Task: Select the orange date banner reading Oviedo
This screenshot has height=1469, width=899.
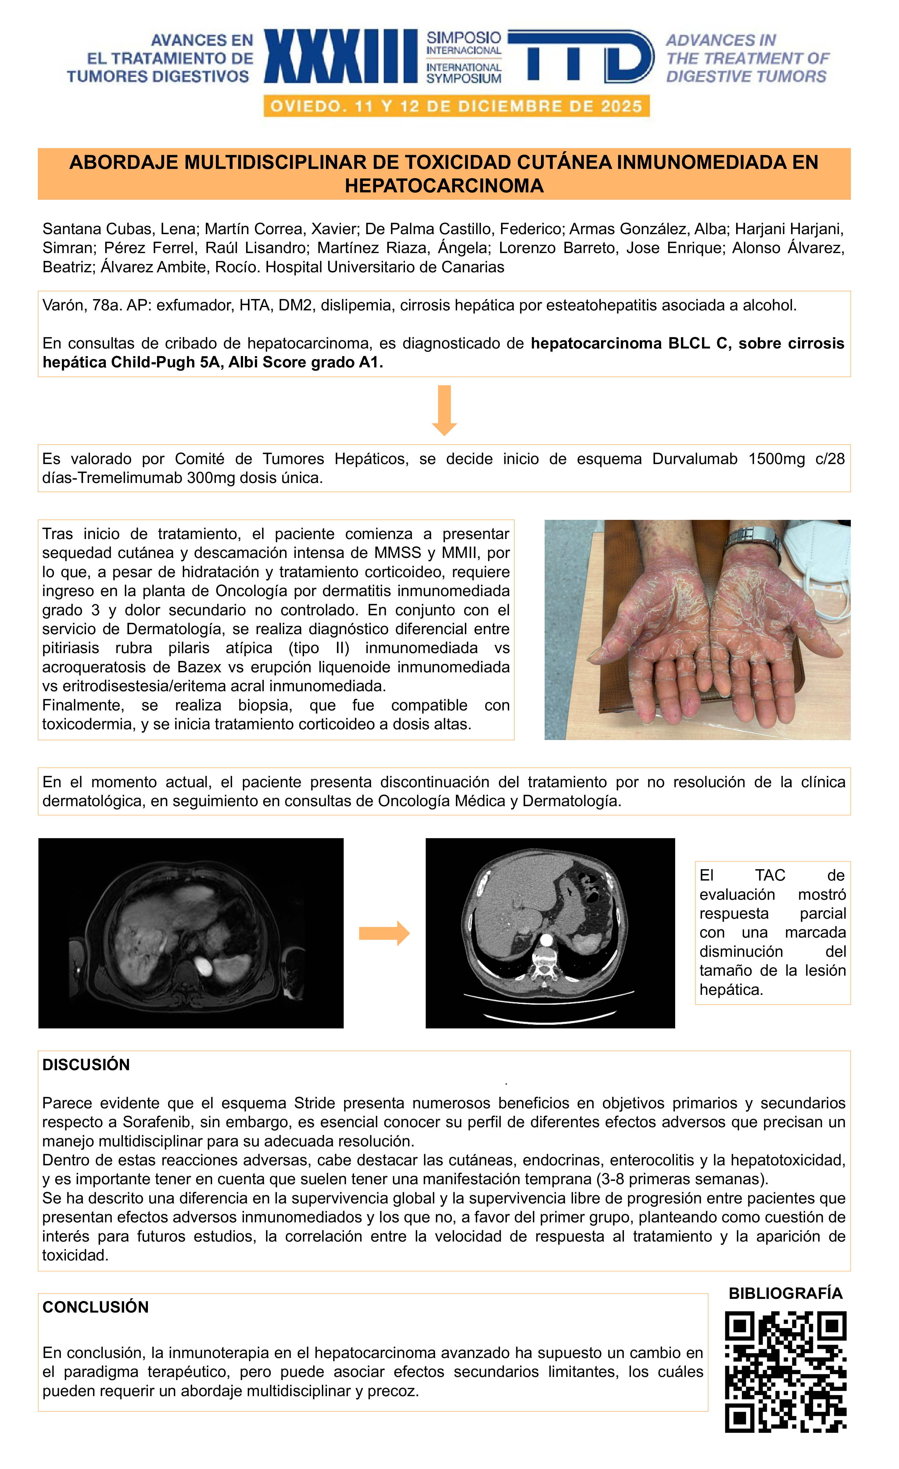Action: click(x=456, y=107)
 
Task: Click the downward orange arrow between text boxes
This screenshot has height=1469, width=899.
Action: click(x=444, y=410)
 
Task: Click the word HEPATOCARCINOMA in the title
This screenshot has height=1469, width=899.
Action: click(x=444, y=186)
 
